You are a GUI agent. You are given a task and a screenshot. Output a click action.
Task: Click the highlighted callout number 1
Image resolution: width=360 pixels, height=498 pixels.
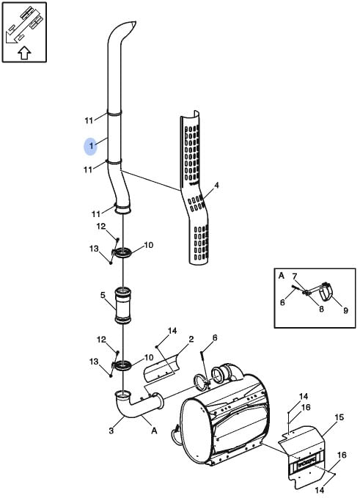[x=91, y=147]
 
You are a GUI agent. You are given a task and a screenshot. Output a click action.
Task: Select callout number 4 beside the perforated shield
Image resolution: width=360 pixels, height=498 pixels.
[x=216, y=185]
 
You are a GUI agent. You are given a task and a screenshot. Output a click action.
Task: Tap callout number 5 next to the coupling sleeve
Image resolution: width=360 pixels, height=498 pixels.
[x=103, y=296]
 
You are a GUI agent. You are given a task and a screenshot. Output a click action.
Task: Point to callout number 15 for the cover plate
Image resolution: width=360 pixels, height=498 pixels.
[x=339, y=417]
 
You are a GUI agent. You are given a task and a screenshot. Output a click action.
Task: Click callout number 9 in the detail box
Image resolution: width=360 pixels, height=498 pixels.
[x=345, y=311]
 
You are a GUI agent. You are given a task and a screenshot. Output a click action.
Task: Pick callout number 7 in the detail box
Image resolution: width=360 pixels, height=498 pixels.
[x=294, y=277]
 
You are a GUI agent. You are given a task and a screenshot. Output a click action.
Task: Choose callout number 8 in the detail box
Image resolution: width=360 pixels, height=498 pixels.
[x=321, y=308]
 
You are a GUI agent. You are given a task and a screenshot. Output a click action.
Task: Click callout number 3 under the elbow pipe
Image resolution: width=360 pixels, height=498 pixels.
[x=111, y=431]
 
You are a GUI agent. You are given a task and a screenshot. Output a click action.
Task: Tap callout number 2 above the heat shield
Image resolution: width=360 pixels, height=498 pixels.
[x=191, y=339]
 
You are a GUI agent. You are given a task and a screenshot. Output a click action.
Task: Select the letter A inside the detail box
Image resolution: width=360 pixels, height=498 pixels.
[x=282, y=276]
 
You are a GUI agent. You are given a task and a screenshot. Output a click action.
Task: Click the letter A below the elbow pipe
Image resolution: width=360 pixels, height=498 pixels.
[x=154, y=431]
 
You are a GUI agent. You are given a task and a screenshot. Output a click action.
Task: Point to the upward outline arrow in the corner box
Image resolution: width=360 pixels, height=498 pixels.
[x=24, y=53]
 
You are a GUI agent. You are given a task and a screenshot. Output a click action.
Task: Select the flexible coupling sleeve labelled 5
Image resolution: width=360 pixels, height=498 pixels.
[x=123, y=306]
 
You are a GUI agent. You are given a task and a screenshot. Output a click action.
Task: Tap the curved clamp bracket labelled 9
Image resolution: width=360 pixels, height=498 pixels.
[x=327, y=291]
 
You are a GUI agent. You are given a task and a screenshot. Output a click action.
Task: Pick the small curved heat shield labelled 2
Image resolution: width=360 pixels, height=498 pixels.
[x=161, y=367]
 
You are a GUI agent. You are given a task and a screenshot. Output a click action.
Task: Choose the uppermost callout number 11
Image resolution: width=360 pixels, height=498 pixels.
[x=89, y=120]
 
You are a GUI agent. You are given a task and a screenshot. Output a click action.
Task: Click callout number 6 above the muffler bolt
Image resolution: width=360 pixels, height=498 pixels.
[x=215, y=338]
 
